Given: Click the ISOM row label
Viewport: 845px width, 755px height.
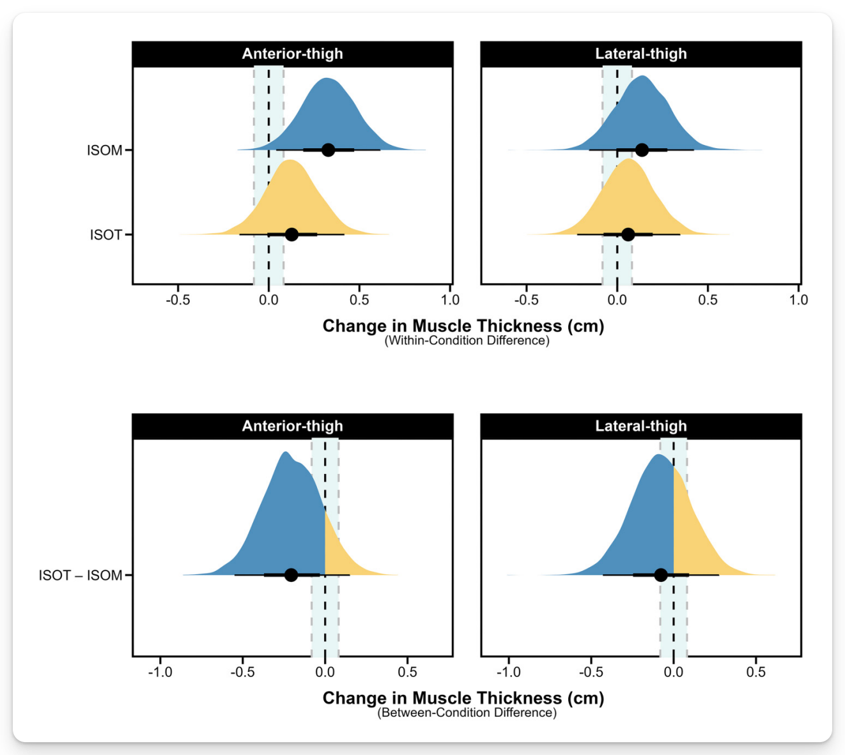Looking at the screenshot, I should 104,150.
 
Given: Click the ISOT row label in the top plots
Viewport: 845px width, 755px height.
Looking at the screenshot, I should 105,235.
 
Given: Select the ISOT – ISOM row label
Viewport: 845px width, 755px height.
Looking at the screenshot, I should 81,576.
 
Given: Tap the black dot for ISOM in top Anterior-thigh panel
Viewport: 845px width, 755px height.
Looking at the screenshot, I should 328,150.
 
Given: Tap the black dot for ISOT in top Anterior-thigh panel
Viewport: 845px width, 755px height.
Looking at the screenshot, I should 291,234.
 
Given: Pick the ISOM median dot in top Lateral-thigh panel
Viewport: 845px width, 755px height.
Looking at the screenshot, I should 642,150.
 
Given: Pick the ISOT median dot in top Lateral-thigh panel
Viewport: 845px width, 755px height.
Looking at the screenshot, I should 628,234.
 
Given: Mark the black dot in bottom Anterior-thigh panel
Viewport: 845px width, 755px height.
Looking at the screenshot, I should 291,575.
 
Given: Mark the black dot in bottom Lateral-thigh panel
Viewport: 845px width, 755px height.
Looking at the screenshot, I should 661,575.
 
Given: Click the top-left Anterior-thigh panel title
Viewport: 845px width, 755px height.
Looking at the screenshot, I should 292,54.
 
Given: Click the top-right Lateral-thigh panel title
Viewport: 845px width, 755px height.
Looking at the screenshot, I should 640,54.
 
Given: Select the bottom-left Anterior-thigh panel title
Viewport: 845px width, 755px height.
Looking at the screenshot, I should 292,426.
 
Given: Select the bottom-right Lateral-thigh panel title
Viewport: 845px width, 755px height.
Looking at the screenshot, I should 640,426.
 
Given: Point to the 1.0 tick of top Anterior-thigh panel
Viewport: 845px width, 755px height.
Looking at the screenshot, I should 450,300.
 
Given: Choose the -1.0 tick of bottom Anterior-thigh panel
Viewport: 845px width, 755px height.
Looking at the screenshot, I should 160,672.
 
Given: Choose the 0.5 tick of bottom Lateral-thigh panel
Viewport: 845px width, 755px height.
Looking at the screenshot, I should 756,672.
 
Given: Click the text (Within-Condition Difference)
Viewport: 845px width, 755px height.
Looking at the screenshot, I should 467,340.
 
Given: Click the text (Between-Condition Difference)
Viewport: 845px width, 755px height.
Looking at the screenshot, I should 467,713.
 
